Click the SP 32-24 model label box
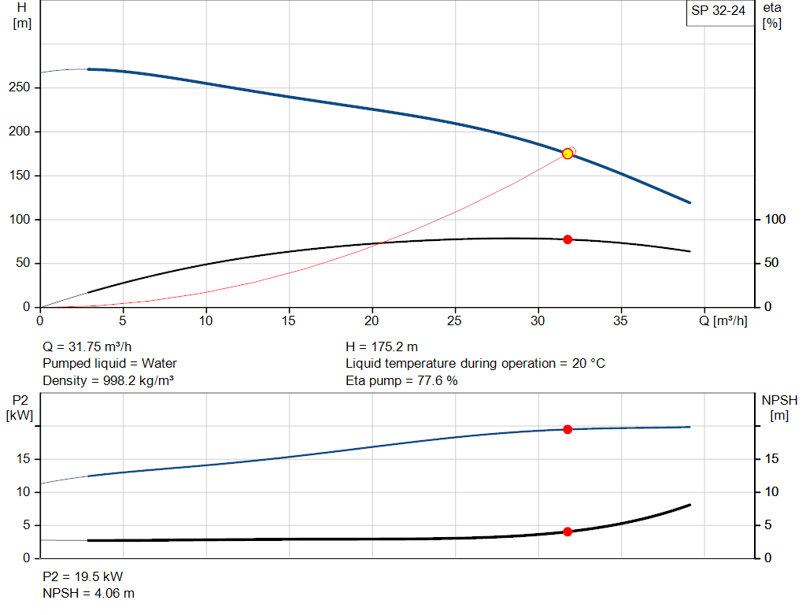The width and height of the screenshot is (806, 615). [718, 12]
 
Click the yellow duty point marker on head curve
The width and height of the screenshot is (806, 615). [568, 154]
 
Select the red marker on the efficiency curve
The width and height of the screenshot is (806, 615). [568, 239]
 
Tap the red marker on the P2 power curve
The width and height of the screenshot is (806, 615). [568, 429]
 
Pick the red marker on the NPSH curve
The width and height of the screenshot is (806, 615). [568, 532]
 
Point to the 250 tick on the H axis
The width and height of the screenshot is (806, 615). [22, 87]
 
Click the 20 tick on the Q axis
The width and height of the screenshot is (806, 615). [372, 321]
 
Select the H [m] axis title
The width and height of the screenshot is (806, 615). [22, 15]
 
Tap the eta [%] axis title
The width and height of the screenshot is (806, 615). [772, 15]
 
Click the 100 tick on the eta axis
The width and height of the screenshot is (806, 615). [775, 219]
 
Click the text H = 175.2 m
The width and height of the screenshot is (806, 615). [382, 346]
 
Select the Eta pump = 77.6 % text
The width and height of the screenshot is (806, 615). [401, 381]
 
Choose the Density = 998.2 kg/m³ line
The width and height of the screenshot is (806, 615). [108, 381]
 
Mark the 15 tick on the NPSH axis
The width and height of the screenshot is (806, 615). [772, 458]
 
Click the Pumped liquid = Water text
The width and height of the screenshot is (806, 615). [109, 364]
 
